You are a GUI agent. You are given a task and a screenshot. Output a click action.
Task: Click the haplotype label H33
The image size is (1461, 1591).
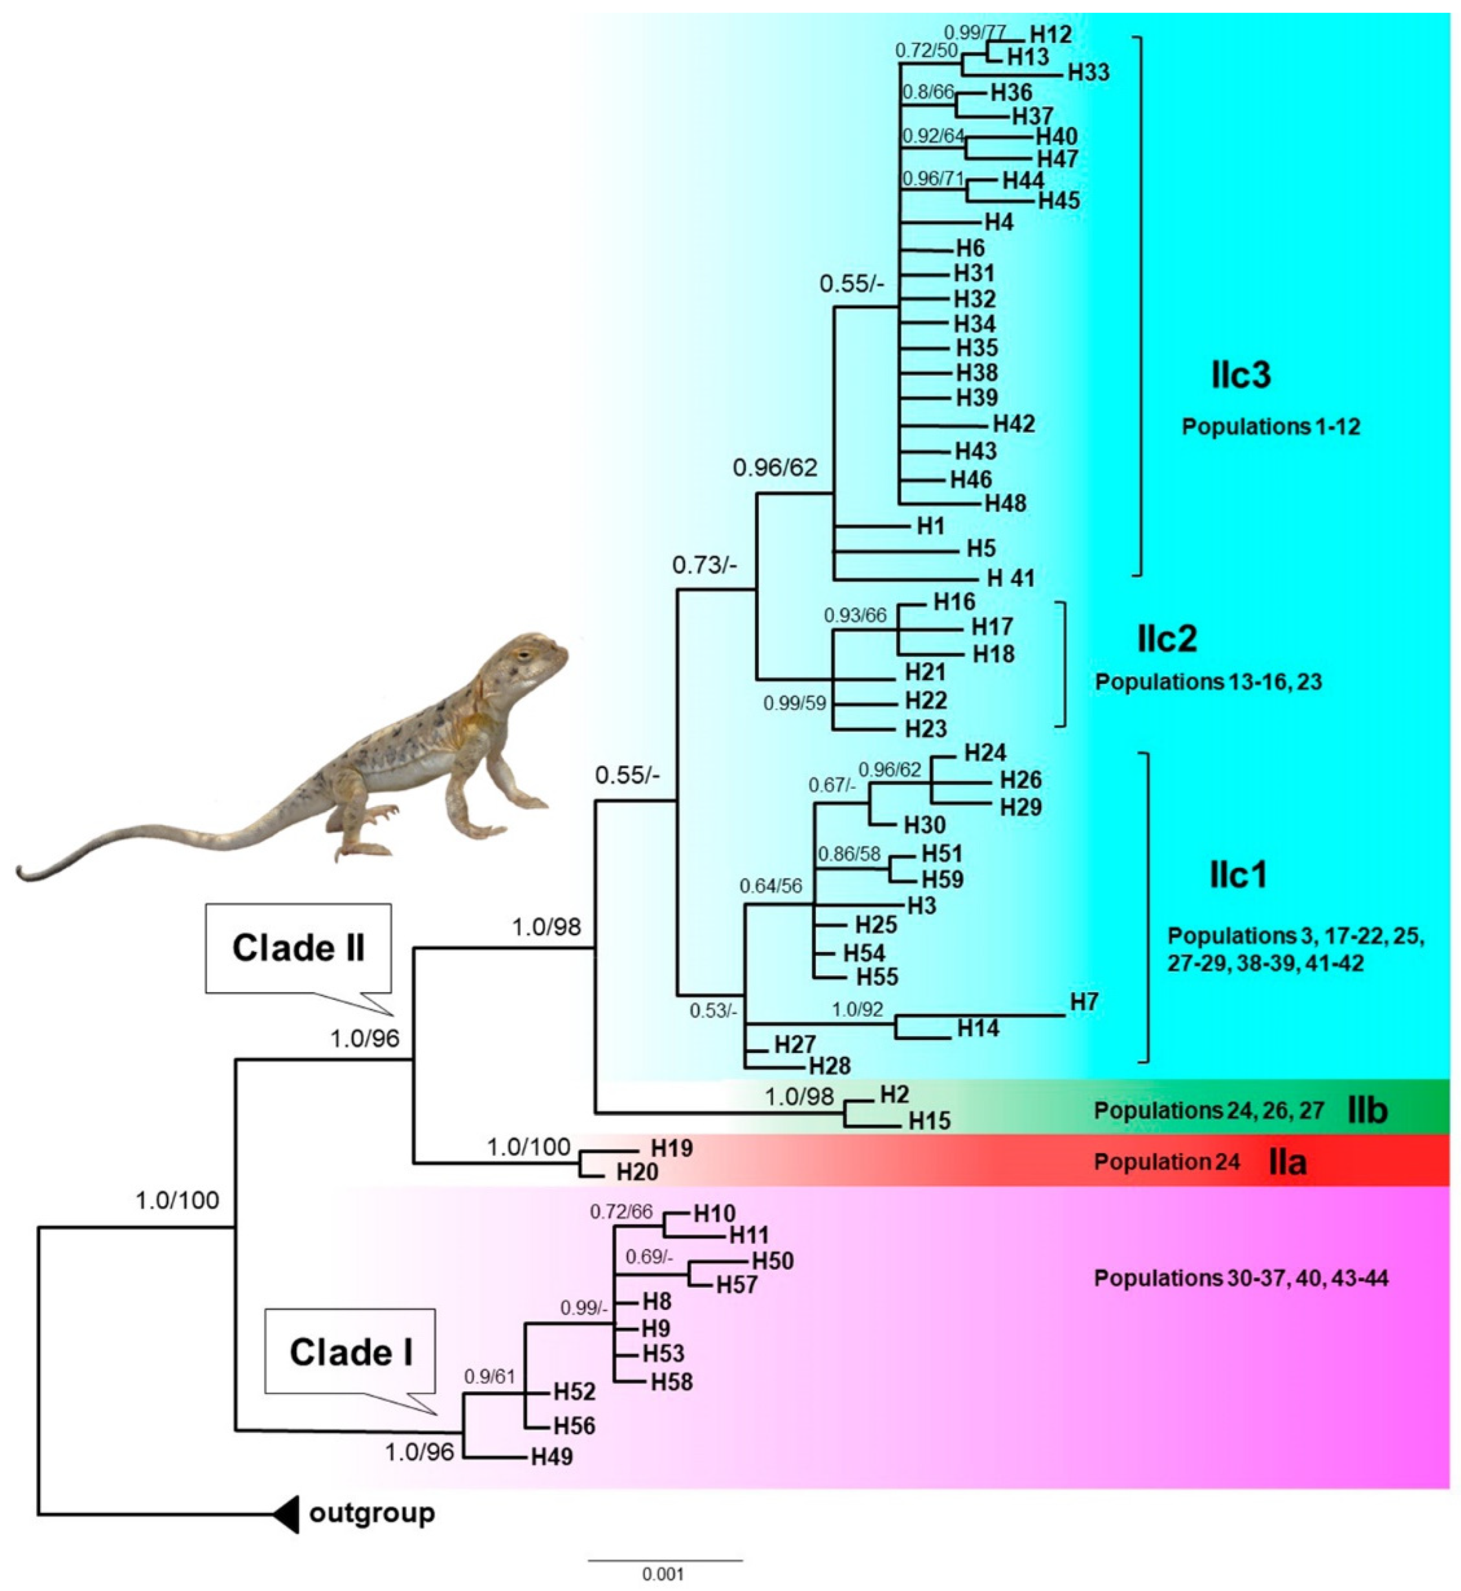(1088, 73)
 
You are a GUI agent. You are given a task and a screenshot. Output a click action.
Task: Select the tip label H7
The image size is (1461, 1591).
(1084, 1002)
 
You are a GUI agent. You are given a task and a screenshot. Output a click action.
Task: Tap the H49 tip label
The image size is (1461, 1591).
(552, 1456)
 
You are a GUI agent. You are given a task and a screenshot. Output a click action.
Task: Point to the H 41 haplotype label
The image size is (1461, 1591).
(1011, 578)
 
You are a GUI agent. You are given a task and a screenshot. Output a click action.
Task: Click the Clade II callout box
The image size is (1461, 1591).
(298, 948)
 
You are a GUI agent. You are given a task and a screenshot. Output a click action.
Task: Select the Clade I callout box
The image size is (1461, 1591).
(350, 1352)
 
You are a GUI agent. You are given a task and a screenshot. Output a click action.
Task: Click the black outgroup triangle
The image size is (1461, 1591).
(286, 1514)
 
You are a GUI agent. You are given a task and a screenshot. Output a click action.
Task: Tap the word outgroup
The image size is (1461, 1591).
(372, 1513)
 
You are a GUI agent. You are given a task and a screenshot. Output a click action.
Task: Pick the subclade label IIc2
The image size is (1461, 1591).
(1167, 639)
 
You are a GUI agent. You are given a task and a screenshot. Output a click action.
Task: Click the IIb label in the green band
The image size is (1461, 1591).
(1367, 1110)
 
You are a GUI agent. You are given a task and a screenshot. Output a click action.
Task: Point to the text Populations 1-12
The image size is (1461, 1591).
(1271, 427)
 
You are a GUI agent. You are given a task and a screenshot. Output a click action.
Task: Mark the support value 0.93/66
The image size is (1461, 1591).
(855, 615)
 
